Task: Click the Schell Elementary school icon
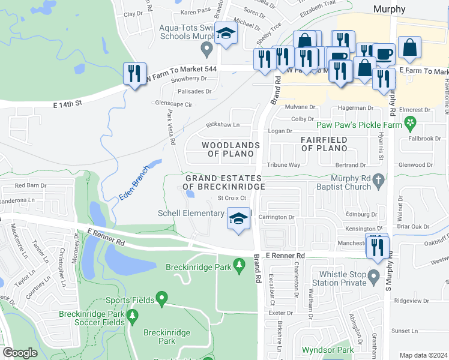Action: point(238,218)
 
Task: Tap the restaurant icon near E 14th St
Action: point(134,74)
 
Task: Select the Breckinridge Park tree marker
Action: point(239,264)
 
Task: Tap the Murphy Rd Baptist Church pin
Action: point(378,179)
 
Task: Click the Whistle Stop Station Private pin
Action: point(374,277)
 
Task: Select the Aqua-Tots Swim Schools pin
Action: point(207,48)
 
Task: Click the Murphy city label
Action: point(389,9)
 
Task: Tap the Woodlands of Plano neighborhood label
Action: point(231,149)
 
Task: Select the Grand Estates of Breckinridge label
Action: point(223,182)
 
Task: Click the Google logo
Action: point(20,353)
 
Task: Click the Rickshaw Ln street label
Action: point(223,125)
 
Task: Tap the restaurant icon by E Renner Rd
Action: point(377,245)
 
